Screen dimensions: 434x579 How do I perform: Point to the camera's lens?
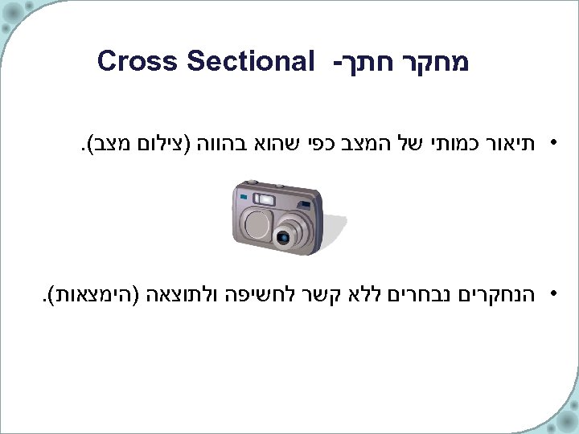(x=284, y=236)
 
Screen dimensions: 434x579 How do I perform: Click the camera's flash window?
(x=265, y=198)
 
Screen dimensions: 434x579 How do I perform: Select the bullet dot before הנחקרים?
(x=553, y=293)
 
